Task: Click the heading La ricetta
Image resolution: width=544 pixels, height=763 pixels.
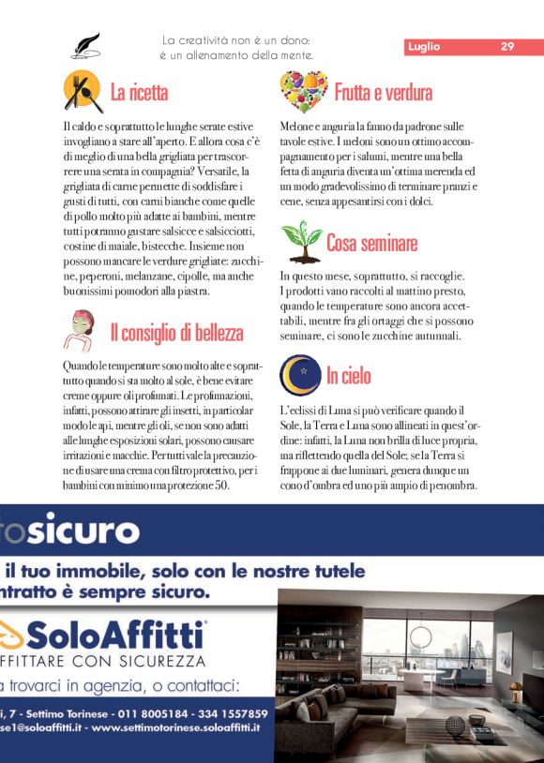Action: click(139, 92)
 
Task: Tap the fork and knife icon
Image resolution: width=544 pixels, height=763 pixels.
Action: click(83, 91)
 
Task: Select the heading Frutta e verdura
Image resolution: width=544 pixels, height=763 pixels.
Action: click(383, 92)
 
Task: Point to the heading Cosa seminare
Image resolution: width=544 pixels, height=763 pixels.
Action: click(371, 244)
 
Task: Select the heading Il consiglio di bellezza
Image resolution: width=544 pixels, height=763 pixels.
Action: click(176, 333)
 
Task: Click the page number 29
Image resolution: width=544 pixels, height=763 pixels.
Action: click(507, 46)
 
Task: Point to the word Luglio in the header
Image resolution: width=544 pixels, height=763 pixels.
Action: click(424, 46)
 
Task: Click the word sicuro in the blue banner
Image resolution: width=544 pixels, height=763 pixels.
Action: click(76, 531)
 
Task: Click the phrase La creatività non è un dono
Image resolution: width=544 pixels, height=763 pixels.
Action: click(235, 40)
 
